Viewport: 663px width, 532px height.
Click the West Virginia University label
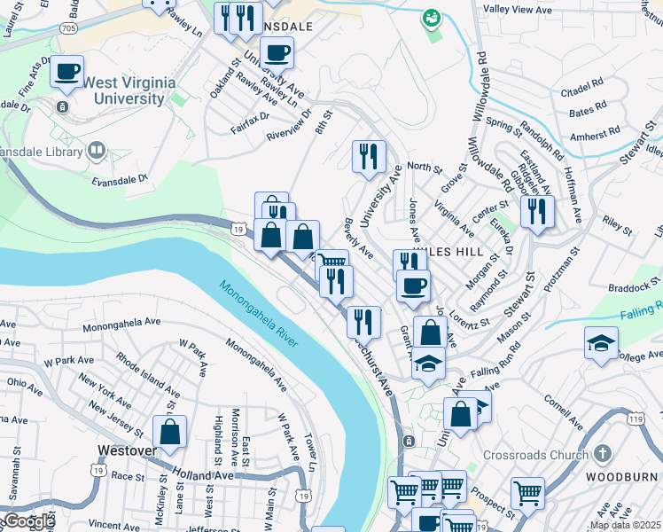[129, 90]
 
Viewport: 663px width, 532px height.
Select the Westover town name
[123, 450]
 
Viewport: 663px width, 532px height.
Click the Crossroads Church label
[535, 455]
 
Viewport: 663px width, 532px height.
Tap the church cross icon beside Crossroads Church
[602, 455]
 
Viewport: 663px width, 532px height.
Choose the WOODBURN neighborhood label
[625, 475]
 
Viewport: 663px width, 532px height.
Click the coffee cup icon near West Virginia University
[66, 72]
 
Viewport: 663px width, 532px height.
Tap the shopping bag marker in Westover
[169, 432]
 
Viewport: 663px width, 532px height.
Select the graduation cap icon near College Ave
[601, 343]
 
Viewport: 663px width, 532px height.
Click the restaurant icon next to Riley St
[537, 212]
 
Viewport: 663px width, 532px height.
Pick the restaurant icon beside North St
[369, 156]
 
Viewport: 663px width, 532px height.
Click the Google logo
[28, 521]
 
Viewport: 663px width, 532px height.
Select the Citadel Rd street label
[582, 91]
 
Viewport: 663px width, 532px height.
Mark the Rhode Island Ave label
[147, 379]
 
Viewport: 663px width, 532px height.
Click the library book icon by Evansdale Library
[97, 151]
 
